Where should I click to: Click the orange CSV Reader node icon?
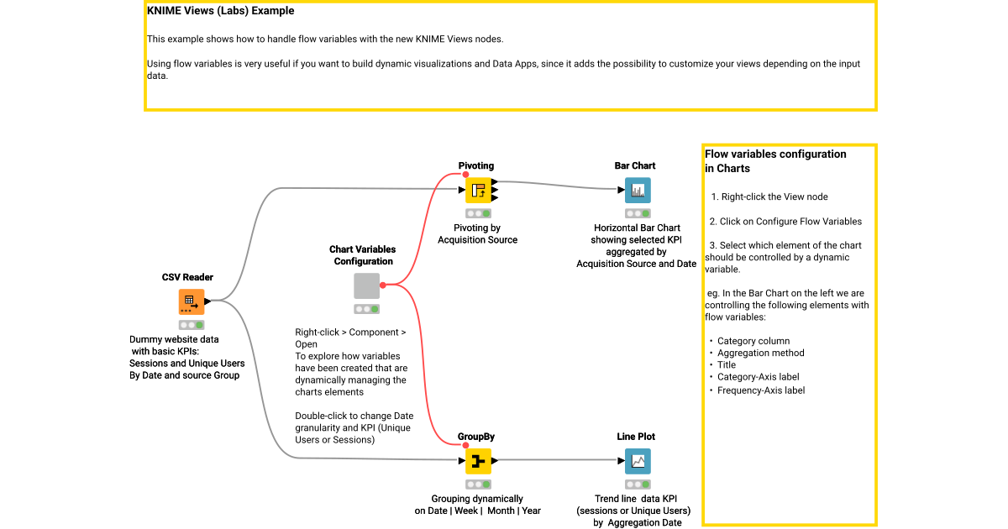coord(192,301)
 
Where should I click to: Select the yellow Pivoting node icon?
coord(478,191)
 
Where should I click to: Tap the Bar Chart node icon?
coord(638,191)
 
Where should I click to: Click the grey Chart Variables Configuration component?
coord(366,285)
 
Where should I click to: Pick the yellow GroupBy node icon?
coord(478,461)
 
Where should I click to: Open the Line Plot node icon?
coord(638,461)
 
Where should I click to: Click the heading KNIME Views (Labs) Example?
coord(220,12)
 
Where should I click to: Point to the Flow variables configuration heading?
coord(775,155)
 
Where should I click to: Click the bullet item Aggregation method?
coord(760,354)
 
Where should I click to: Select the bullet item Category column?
coord(753,341)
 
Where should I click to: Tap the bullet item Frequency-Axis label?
coord(760,390)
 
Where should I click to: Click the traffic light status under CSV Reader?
coord(192,325)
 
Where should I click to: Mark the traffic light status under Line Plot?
coord(638,484)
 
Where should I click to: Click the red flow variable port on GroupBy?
coord(465,445)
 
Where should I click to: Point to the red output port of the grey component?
coord(383,285)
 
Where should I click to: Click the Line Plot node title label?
coord(636,437)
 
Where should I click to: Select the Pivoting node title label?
coord(476,166)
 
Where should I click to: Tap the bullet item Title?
coord(726,365)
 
